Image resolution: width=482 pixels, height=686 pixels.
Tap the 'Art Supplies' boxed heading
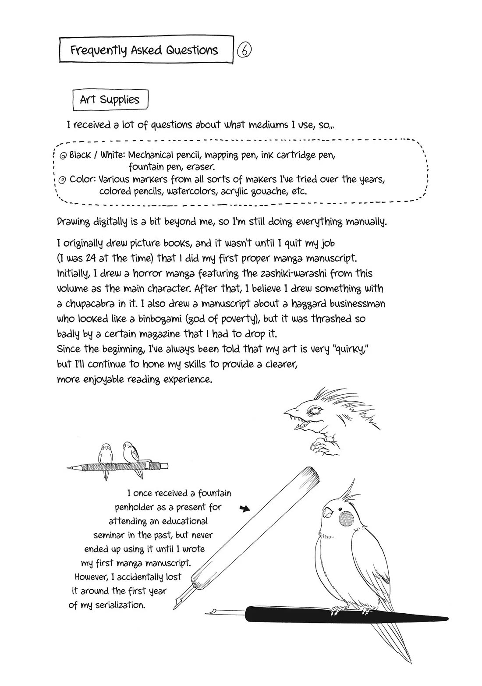click(x=110, y=100)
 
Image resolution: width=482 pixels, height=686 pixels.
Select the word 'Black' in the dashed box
click(x=80, y=155)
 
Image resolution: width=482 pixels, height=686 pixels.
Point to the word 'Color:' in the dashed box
click(x=83, y=180)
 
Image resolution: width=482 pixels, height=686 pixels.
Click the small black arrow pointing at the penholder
click(x=245, y=509)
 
